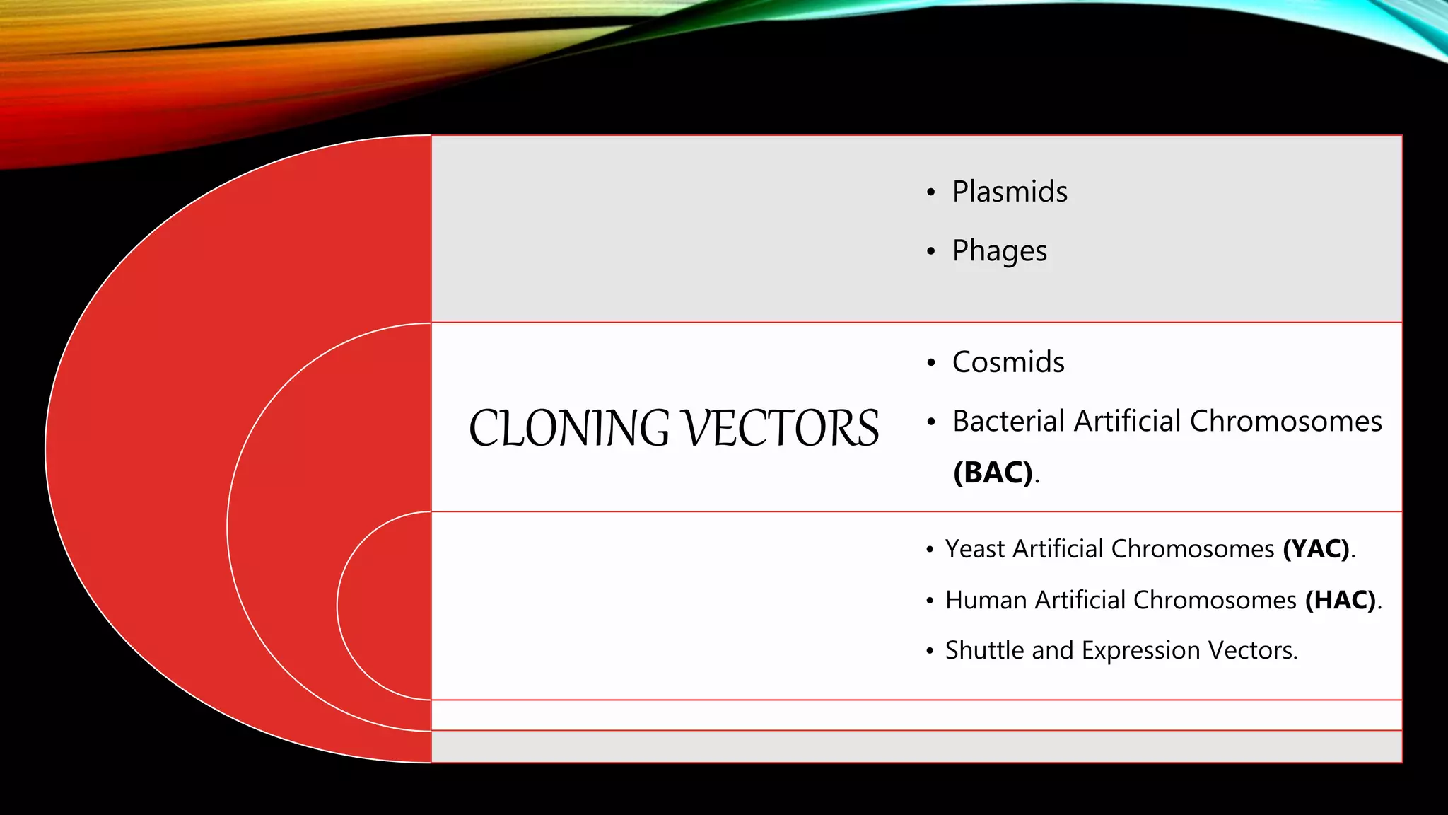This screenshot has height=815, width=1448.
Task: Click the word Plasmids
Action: click(1010, 192)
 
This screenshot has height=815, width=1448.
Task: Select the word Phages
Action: click(999, 251)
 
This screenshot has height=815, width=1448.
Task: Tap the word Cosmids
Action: click(1008, 362)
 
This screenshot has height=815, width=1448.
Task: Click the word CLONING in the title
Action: click(569, 429)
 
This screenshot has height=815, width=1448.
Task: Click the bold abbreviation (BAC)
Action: click(993, 473)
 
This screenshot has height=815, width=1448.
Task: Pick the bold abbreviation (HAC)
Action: click(1341, 601)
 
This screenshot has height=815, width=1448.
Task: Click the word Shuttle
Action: click(984, 650)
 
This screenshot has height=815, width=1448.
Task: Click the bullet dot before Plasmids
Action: click(931, 192)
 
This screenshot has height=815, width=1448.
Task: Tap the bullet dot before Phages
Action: click(931, 252)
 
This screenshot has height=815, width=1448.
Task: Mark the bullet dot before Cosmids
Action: click(931, 363)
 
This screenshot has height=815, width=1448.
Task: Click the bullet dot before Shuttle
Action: click(930, 651)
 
